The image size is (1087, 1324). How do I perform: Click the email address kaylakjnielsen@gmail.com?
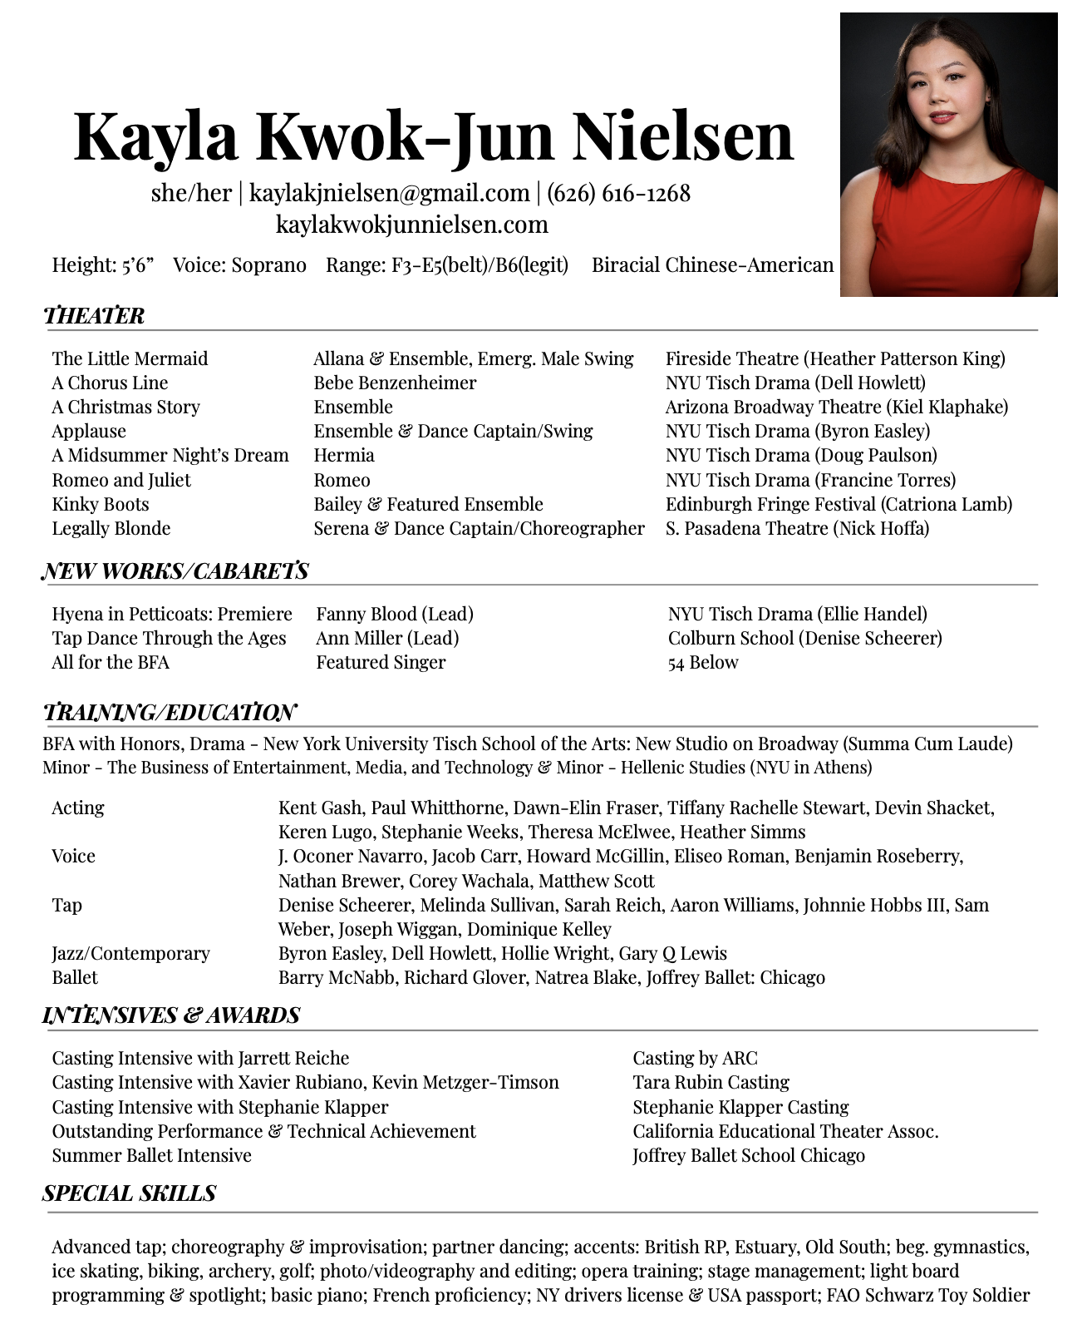(x=389, y=193)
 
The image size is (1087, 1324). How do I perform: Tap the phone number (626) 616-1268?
(x=618, y=193)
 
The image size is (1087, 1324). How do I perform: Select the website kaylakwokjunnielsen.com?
(x=411, y=225)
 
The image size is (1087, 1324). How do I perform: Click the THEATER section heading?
(x=94, y=316)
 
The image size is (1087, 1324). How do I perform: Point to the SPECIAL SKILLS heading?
(x=129, y=1193)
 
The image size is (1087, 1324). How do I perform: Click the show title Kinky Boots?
(x=101, y=504)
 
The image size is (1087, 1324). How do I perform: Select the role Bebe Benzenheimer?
(x=395, y=383)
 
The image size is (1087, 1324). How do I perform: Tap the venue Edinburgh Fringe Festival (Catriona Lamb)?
(x=839, y=504)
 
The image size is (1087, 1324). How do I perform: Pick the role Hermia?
(x=344, y=455)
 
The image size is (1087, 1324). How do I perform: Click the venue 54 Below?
(x=702, y=662)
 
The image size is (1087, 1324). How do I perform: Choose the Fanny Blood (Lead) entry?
(x=395, y=614)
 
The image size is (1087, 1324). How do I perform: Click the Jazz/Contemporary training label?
(x=130, y=953)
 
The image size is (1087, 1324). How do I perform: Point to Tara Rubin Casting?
(x=711, y=1082)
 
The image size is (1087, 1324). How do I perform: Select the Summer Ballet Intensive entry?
(x=151, y=1155)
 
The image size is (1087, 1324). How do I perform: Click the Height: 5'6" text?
(x=103, y=265)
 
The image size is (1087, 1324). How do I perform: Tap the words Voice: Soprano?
(x=239, y=265)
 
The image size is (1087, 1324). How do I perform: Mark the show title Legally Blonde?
(x=111, y=528)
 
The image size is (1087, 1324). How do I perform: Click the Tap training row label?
(x=66, y=905)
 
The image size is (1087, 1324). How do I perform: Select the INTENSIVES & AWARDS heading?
(x=171, y=1015)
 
